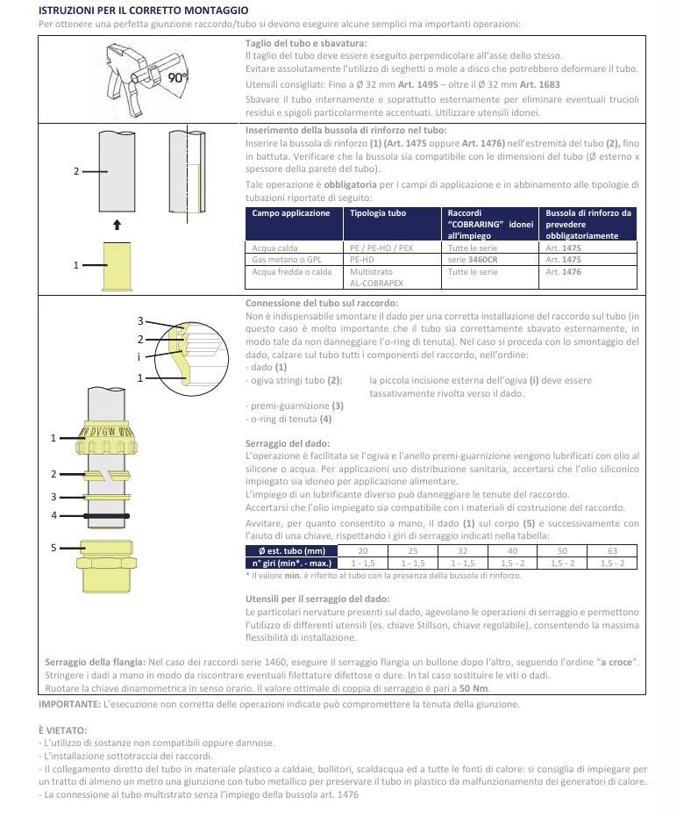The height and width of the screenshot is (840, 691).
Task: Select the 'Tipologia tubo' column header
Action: pyautogui.click(x=379, y=213)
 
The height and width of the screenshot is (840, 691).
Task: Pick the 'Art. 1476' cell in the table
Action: pyautogui.click(x=562, y=272)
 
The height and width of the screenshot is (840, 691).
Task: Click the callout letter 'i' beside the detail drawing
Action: pyautogui.click(x=139, y=357)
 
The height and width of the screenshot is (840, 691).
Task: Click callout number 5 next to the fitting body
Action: pyautogui.click(x=53, y=548)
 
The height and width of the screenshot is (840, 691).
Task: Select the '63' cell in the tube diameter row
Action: pyautogui.click(x=612, y=550)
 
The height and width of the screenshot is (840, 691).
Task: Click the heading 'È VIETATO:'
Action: pyautogui.click(x=63, y=730)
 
